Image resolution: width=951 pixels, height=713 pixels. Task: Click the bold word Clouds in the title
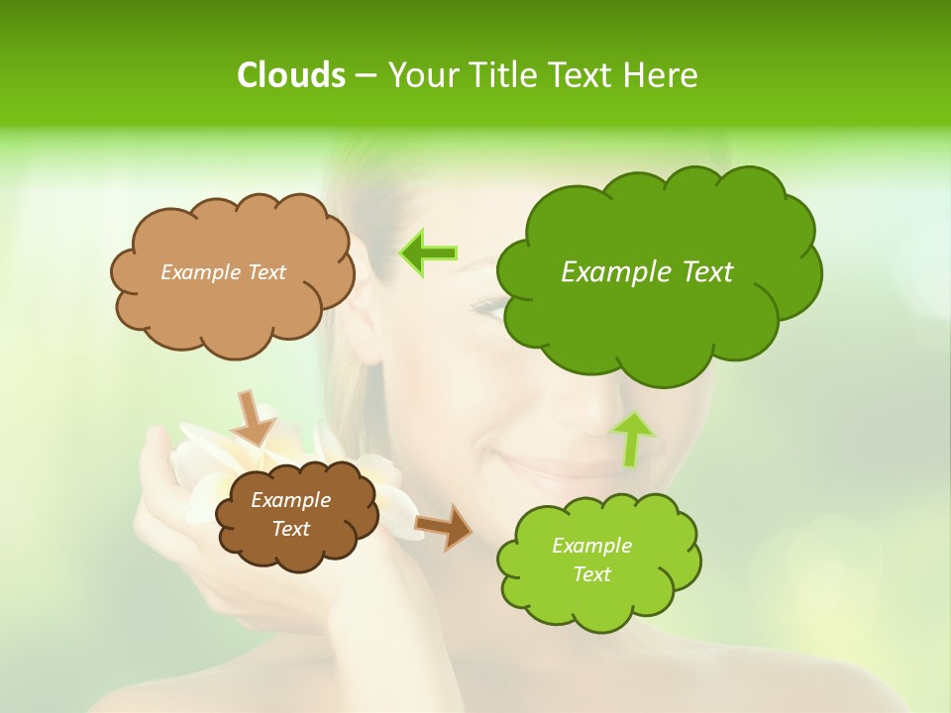pyautogui.click(x=290, y=75)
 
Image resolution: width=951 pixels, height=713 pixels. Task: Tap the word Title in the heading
pyautogui.click(x=504, y=75)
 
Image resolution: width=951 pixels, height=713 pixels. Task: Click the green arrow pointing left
pyautogui.click(x=429, y=254)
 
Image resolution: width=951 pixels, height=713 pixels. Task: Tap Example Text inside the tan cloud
pyautogui.click(x=223, y=271)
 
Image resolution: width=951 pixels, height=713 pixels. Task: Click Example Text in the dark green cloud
pyautogui.click(x=647, y=271)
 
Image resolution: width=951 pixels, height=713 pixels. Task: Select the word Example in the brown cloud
pyautogui.click(x=290, y=500)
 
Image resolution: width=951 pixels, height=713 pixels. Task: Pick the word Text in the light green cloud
pyautogui.click(x=591, y=574)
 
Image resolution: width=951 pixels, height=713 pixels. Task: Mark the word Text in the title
pyautogui.click(x=583, y=75)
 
